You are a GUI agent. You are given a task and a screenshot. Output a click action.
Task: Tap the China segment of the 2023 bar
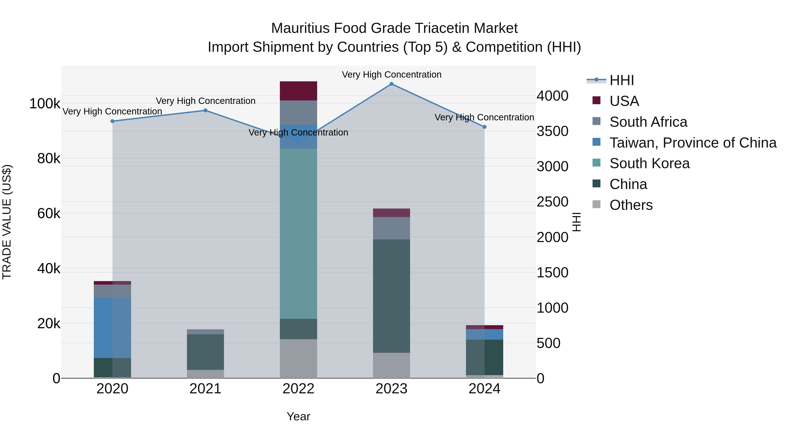[391, 296]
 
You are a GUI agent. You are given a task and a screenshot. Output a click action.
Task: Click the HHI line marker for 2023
[391, 84]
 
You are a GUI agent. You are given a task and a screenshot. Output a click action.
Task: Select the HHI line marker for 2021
[206, 110]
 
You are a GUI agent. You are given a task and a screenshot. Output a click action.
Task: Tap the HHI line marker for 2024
[485, 127]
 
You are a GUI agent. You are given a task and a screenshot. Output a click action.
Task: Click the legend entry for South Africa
[648, 122]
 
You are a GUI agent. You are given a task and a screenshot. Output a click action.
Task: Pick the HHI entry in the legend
[622, 80]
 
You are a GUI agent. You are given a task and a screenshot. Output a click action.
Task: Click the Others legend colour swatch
[596, 204]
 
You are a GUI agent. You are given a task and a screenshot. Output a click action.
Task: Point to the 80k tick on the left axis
[49, 159]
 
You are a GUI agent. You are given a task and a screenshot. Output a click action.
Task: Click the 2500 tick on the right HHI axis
[552, 202]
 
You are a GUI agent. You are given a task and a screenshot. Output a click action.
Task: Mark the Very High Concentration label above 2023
[391, 75]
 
